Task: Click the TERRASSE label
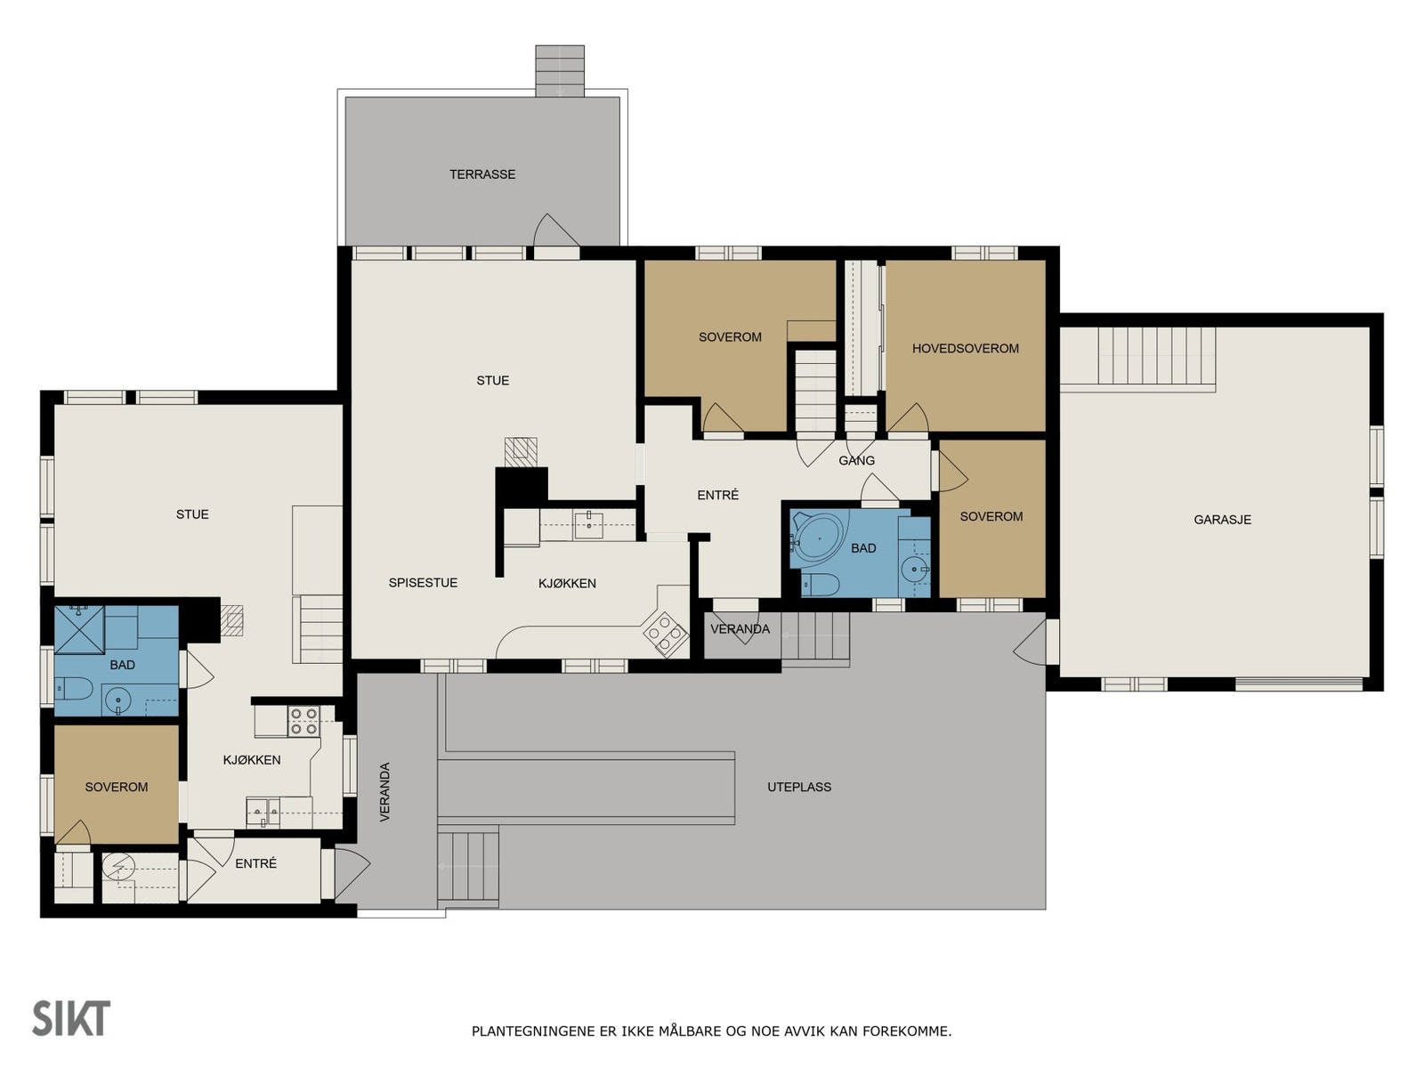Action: pyautogui.click(x=482, y=174)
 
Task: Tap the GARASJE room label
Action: pyautogui.click(x=1222, y=520)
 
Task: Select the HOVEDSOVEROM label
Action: pyautogui.click(x=965, y=348)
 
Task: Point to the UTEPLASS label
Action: pyautogui.click(x=798, y=787)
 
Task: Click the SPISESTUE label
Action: pyautogui.click(x=423, y=582)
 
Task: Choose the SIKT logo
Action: pyautogui.click(x=71, y=1018)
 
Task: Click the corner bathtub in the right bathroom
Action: pyautogui.click(x=819, y=537)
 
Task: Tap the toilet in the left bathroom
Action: pyautogui.click(x=73, y=688)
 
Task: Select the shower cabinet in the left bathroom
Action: pyautogui.click(x=79, y=629)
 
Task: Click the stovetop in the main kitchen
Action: pyautogui.click(x=665, y=634)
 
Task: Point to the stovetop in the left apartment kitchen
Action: pyautogui.click(x=303, y=721)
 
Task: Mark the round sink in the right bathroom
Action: pyautogui.click(x=915, y=570)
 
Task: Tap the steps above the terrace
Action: pyautogui.click(x=559, y=70)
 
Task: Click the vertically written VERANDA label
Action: pyautogui.click(x=384, y=792)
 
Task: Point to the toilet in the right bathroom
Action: pyautogui.click(x=820, y=584)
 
